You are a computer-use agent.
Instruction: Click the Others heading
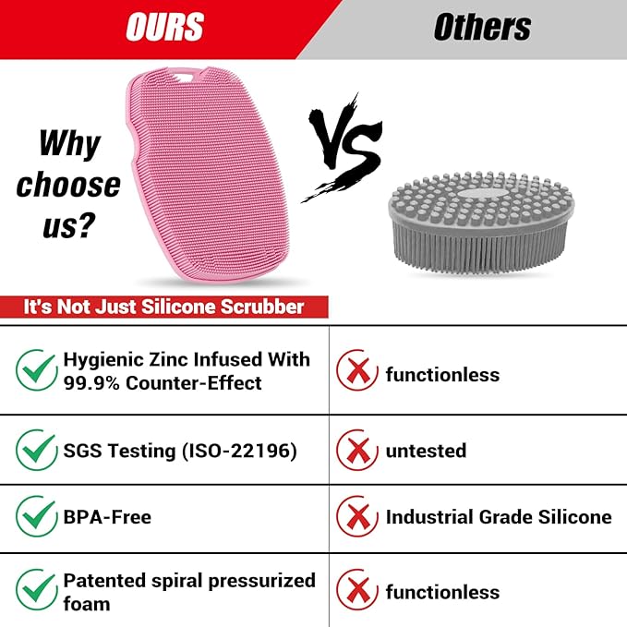pos(482,28)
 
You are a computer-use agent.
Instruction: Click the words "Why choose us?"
pos(68,184)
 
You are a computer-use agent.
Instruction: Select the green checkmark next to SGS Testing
pos(37,450)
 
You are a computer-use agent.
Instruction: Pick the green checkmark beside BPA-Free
pos(37,517)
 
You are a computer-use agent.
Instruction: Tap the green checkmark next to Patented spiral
pos(37,591)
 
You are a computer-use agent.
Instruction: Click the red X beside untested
pos(356,450)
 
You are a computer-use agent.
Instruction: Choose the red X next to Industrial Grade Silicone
pos(356,517)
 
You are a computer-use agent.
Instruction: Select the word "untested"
pos(426,451)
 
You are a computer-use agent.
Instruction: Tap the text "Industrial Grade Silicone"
pos(499,517)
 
